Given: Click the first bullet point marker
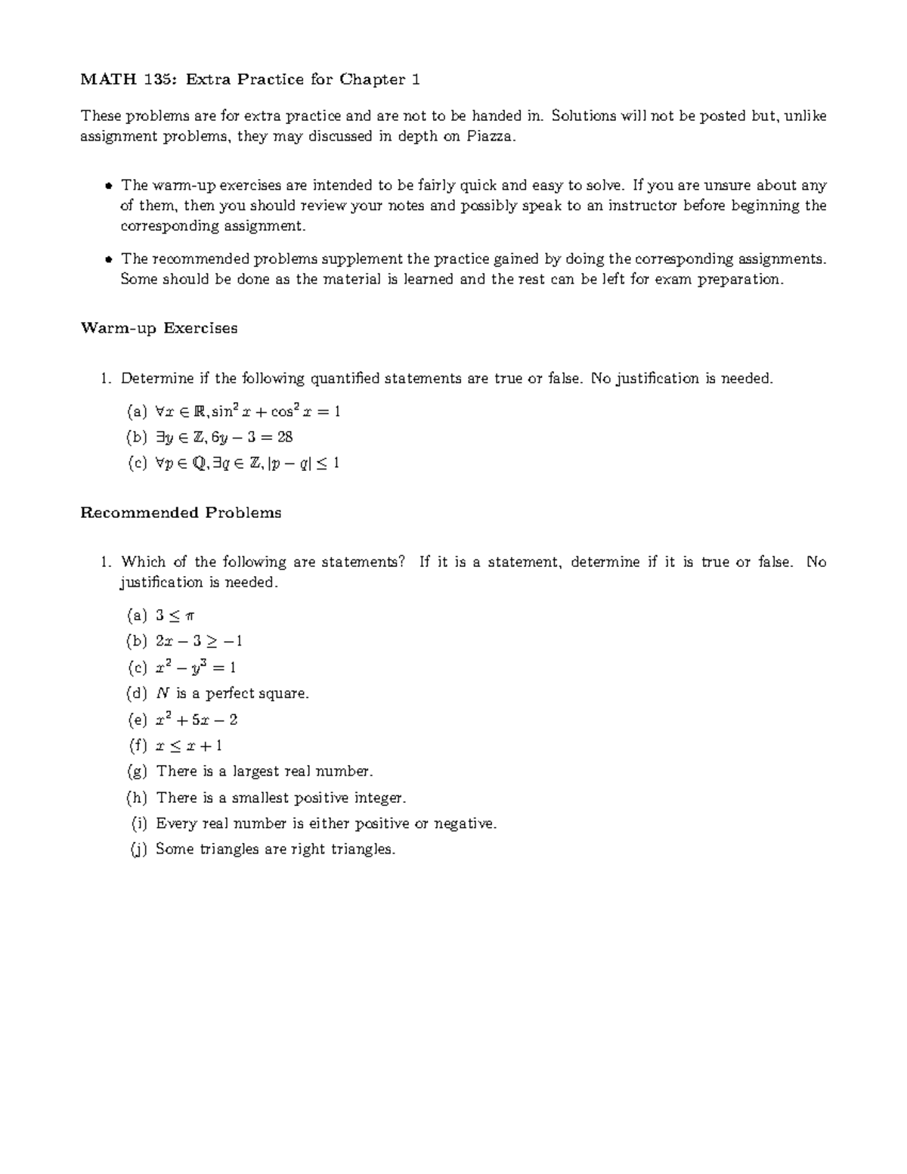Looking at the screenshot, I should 108,186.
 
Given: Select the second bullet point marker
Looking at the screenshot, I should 108,259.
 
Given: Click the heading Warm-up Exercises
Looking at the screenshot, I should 159,328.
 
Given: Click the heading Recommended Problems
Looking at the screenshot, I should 181,513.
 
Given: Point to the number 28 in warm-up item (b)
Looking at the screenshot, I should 284,437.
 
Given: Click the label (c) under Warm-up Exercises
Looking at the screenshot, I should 137,463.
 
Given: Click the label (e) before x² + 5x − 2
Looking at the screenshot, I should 137,720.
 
